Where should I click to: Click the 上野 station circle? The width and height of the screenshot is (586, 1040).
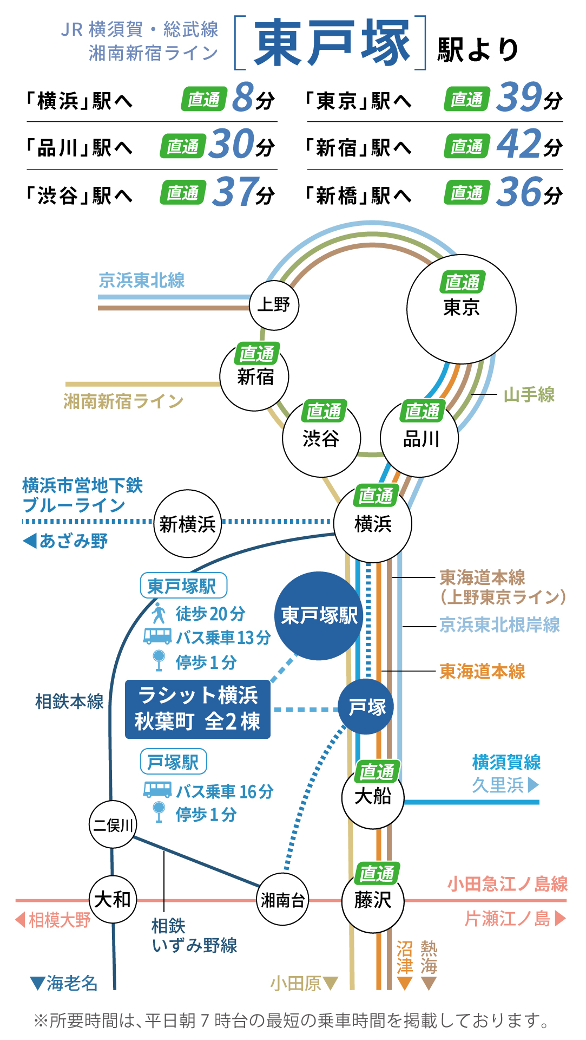pyautogui.click(x=274, y=305)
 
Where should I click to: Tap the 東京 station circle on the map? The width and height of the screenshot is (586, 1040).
pyautogui.click(x=461, y=309)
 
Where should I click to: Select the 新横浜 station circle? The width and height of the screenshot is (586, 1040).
pyautogui.click(x=188, y=524)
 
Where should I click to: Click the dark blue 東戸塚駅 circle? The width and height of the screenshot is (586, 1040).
pyautogui.click(x=319, y=616)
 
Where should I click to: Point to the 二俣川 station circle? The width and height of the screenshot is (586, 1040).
pyautogui.click(x=113, y=824)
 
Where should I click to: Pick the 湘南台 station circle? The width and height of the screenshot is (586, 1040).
pyautogui.click(x=282, y=900)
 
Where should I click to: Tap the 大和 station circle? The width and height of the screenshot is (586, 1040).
pyautogui.click(x=113, y=900)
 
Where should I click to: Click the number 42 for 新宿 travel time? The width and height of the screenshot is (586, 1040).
pyautogui.click(x=518, y=144)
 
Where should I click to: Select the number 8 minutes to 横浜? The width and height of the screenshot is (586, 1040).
pyautogui.click(x=243, y=97)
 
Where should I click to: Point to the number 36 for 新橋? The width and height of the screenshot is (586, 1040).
pyautogui.click(x=518, y=192)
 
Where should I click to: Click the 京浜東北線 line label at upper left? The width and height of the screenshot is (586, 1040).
pyautogui.click(x=142, y=280)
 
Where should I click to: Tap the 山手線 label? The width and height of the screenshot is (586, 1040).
pyautogui.click(x=529, y=394)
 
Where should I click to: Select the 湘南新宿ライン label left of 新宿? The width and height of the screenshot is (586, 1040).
pyautogui.click(x=123, y=401)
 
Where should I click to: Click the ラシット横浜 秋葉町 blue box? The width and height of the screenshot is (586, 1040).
pyautogui.click(x=197, y=708)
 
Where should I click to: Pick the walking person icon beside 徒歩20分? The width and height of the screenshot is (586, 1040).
pyautogui.click(x=159, y=614)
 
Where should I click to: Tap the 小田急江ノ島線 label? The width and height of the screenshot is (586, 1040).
pyautogui.click(x=507, y=884)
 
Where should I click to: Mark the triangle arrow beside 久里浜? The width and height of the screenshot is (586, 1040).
pyautogui.click(x=533, y=784)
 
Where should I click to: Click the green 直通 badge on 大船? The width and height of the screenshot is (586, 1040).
pyautogui.click(x=377, y=771)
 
